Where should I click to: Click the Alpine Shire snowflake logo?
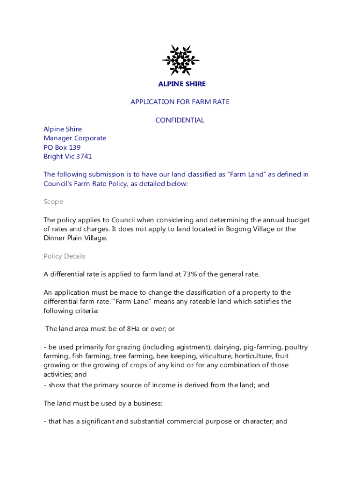point(180,60)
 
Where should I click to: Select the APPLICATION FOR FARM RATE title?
point(180,102)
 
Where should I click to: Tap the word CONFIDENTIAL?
point(180,120)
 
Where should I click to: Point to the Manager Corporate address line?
point(75,138)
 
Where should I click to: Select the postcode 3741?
point(84,157)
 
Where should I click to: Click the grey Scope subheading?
point(53,202)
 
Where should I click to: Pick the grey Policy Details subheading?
point(65,256)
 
